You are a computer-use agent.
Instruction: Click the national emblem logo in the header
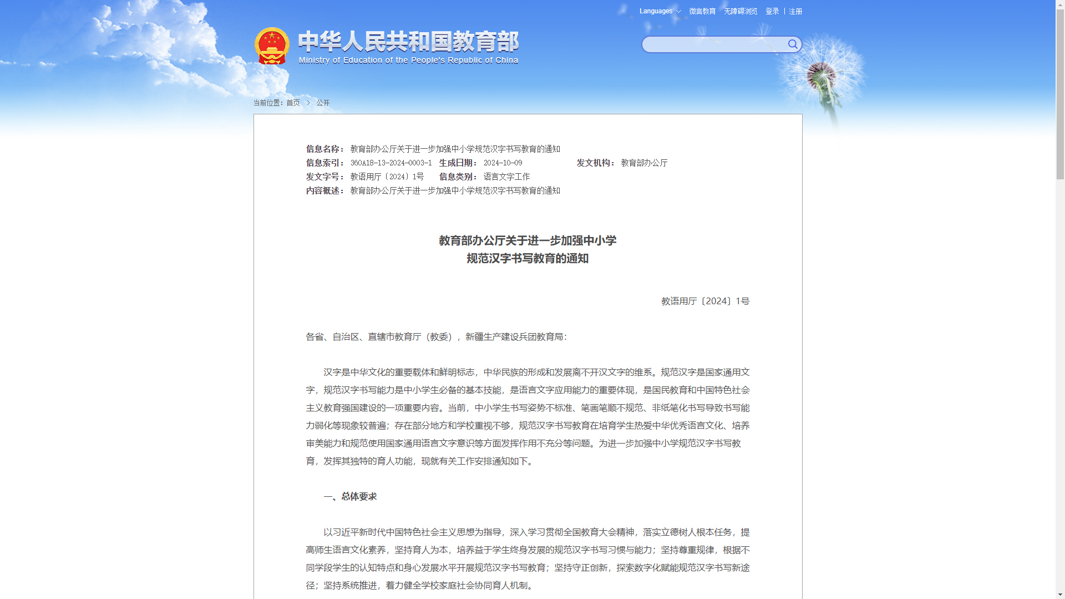[x=272, y=46]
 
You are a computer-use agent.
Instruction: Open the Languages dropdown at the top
[x=660, y=11]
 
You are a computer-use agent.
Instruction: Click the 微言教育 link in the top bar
[x=702, y=11]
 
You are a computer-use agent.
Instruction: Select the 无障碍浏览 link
[x=741, y=11]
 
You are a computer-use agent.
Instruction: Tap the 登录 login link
[x=772, y=11]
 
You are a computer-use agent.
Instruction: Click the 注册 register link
[x=795, y=11]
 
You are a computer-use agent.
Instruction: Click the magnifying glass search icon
[x=793, y=44]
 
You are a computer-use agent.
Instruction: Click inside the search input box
[x=713, y=44]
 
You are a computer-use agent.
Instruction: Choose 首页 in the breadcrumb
[x=293, y=103]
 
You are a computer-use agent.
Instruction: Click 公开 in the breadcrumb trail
[x=323, y=103]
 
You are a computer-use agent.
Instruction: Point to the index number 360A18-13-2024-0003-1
[x=390, y=163]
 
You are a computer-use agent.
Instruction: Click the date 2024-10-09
[x=503, y=163]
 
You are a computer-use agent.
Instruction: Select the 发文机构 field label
[x=595, y=163]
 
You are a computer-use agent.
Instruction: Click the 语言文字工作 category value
[x=506, y=177]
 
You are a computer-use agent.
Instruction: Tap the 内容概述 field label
[x=324, y=190]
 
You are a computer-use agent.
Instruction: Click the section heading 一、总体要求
[x=350, y=496]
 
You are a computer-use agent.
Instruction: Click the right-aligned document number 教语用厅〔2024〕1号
[x=705, y=301]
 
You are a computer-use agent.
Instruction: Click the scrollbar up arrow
[x=1060, y=4]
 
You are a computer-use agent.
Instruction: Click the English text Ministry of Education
[x=408, y=60]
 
